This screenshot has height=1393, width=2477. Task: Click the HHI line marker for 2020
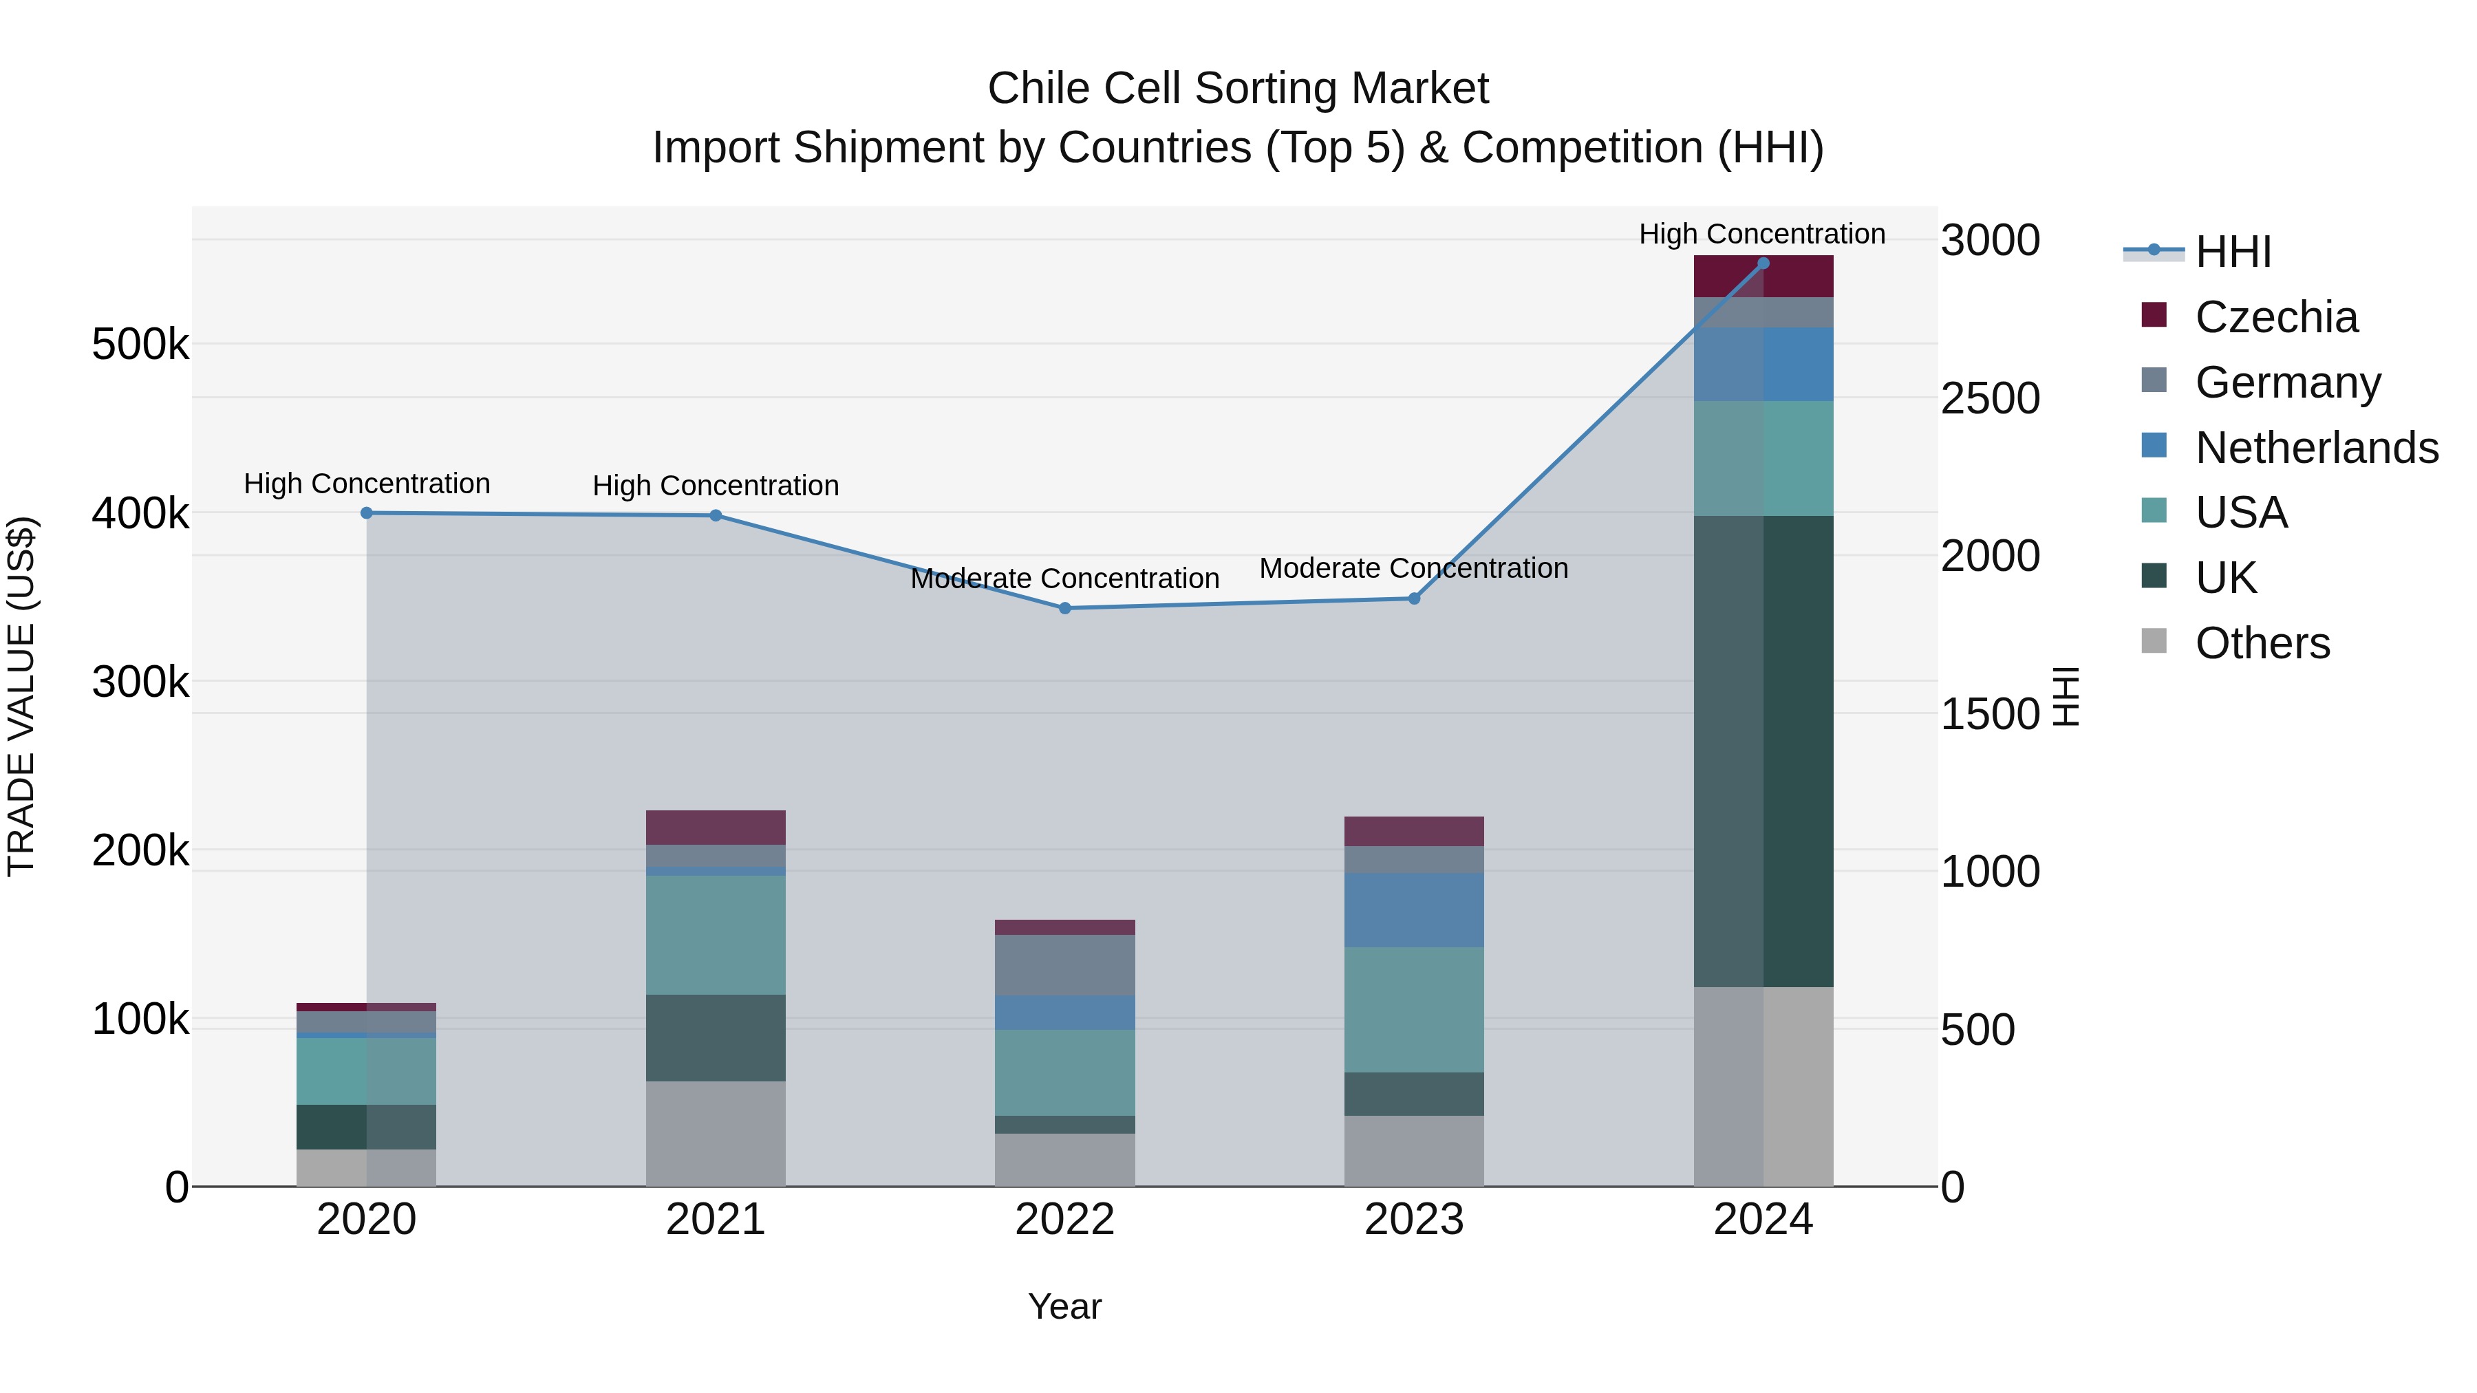(x=366, y=513)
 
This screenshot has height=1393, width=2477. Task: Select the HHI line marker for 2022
(x=1064, y=609)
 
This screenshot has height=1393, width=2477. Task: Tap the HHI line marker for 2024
(x=1763, y=263)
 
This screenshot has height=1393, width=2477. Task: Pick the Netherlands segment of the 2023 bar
(x=1413, y=910)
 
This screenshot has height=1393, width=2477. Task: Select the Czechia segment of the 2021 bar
(x=716, y=828)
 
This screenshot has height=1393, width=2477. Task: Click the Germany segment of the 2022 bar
(x=1064, y=965)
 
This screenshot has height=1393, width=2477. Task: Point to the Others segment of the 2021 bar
(x=716, y=1134)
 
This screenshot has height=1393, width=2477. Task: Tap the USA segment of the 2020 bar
(x=366, y=1071)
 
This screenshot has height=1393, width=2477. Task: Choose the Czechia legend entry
(x=2275, y=317)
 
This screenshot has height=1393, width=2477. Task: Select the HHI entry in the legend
(x=2232, y=252)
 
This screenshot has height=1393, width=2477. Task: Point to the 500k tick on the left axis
(x=140, y=344)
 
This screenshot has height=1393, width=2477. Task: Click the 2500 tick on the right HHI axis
(x=1989, y=398)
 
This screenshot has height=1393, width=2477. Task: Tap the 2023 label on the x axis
(x=1413, y=1220)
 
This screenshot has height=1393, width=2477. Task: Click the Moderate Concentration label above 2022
(x=1064, y=579)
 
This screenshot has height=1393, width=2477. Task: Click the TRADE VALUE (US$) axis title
(x=21, y=696)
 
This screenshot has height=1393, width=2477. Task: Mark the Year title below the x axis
(x=1064, y=1306)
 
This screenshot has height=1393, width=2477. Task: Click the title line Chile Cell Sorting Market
(x=1238, y=89)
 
